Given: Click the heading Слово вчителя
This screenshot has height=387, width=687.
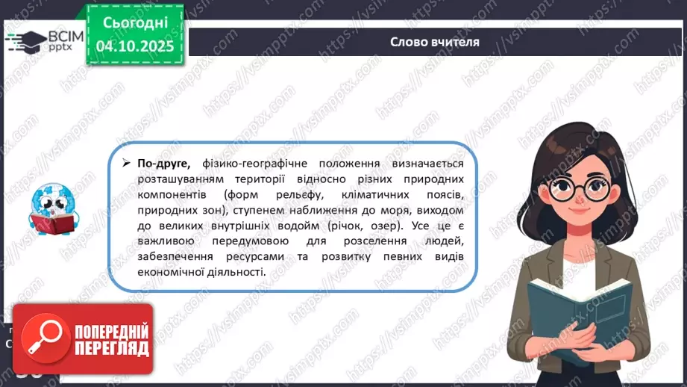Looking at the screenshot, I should coord(434,42).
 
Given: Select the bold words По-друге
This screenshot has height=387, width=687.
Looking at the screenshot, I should coord(163,164).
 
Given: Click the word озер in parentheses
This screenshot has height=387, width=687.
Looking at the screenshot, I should coord(435,226).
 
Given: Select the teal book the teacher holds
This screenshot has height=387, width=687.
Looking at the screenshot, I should coord(571,307).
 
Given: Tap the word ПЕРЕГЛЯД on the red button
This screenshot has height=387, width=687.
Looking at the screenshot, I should coord(110,348).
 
